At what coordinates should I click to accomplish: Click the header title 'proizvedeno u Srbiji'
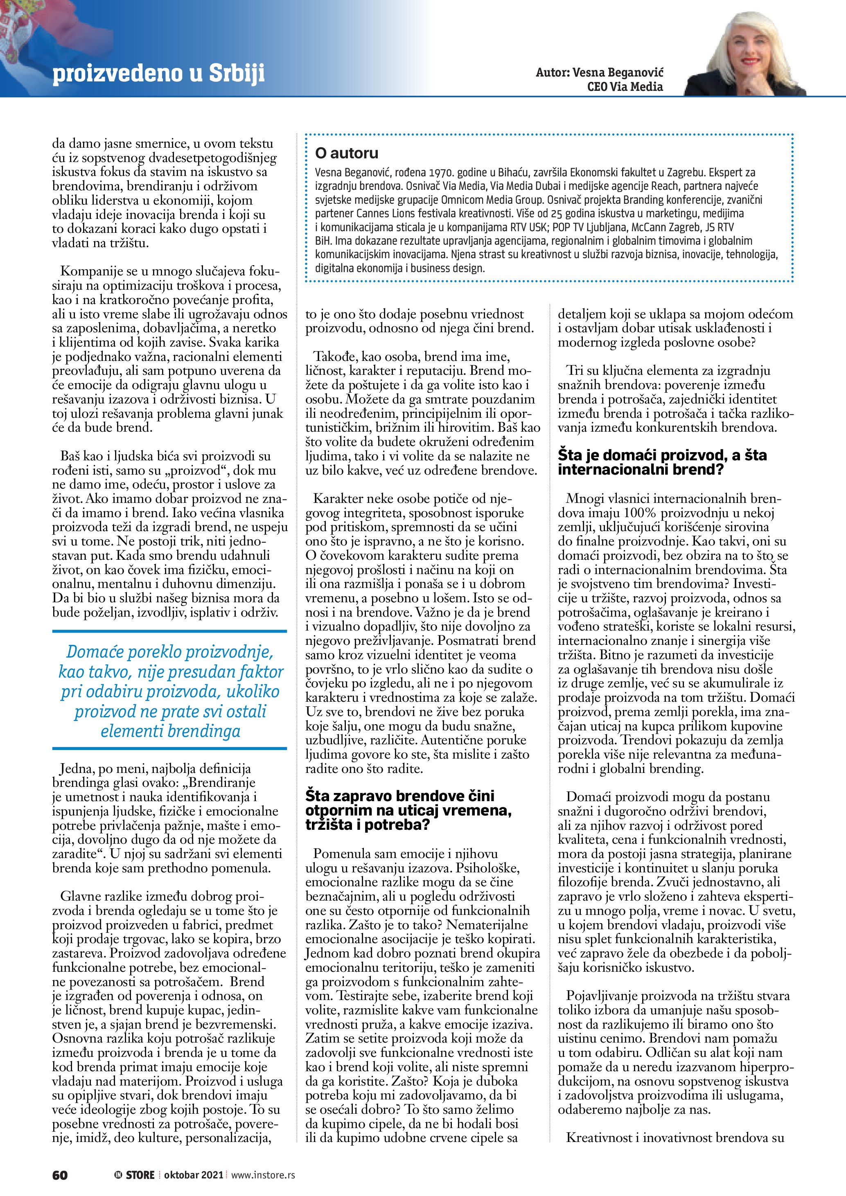158,74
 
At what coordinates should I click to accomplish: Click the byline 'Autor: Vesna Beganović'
599,72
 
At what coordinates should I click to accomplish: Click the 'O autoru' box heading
346,153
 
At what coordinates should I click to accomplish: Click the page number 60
60,1175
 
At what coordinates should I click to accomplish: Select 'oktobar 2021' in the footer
193,1175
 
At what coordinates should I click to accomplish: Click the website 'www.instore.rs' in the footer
263,1175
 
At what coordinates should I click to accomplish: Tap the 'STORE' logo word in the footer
140,1175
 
